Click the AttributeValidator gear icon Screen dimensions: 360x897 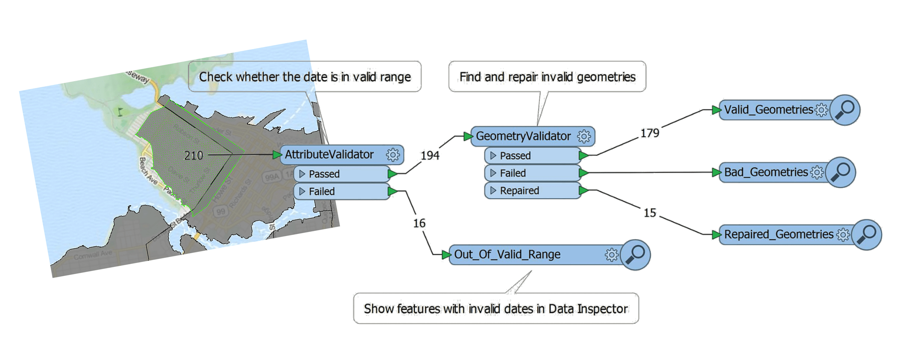(x=393, y=155)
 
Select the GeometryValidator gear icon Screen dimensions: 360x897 (x=583, y=136)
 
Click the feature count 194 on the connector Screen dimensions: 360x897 (x=430, y=156)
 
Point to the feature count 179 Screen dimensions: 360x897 (x=650, y=133)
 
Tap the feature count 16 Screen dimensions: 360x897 (x=419, y=223)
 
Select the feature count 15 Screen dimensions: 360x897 (x=650, y=213)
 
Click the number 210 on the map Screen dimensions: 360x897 (x=193, y=155)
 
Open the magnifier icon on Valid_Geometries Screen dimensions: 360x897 (x=845, y=110)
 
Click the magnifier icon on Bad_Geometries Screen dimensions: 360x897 (x=841, y=172)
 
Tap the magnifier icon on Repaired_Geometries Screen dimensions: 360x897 (x=866, y=234)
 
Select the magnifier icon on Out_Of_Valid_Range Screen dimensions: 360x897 (x=635, y=255)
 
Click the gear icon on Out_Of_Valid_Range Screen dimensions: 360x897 (x=611, y=255)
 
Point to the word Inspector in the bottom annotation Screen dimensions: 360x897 (x=602, y=309)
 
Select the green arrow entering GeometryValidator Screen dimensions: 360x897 (x=468, y=136)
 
